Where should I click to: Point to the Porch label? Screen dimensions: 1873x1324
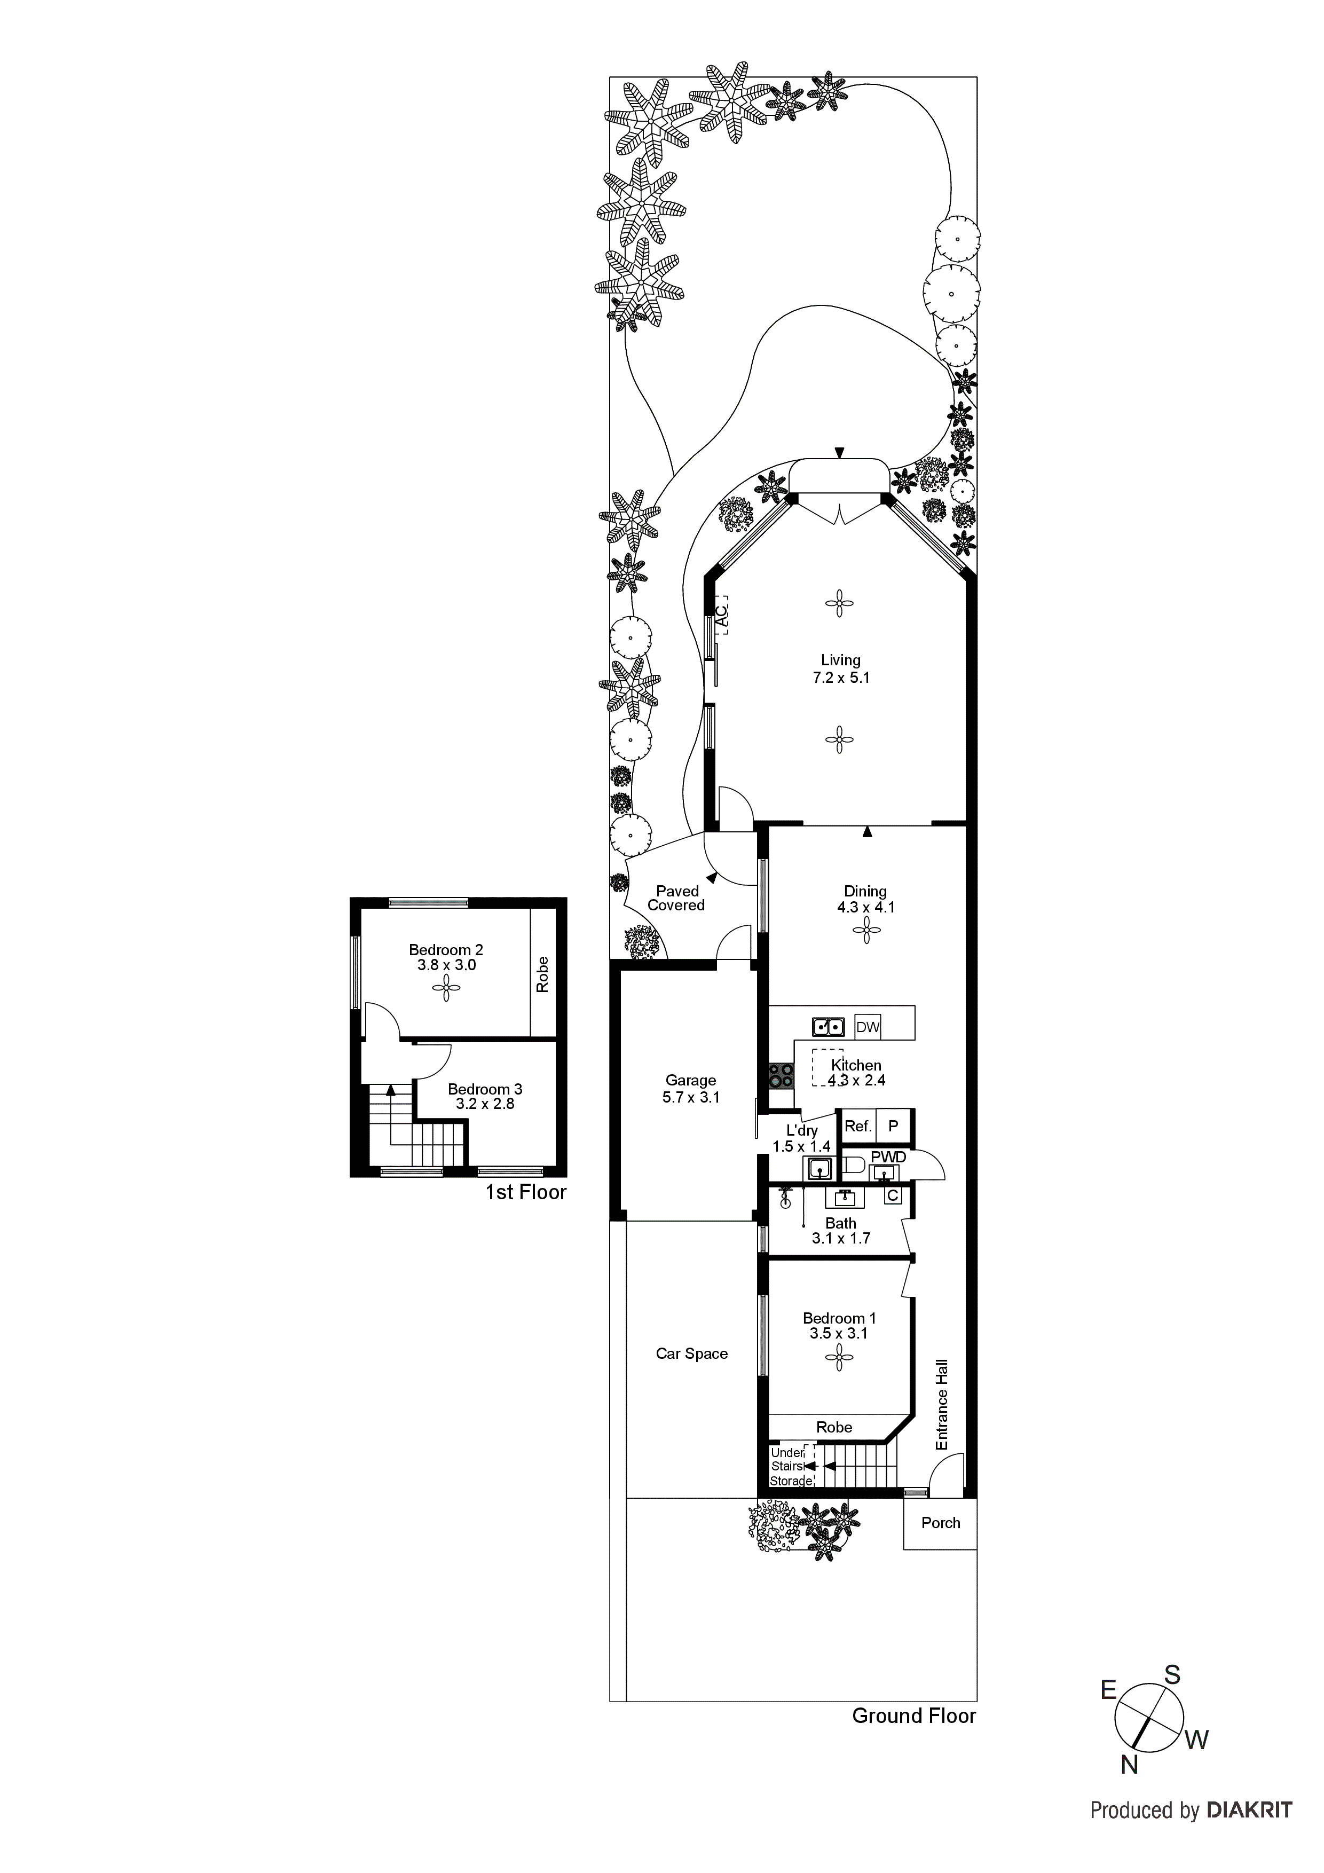[941, 1523]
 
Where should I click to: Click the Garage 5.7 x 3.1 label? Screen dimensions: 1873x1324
[690, 1089]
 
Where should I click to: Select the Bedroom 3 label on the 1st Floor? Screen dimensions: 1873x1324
[485, 1096]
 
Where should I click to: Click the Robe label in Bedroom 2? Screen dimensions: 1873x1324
[542, 974]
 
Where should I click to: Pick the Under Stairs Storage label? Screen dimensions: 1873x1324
[790, 1467]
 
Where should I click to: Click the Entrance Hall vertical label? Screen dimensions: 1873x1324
[942, 1404]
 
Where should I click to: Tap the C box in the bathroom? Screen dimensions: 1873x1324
[893, 1196]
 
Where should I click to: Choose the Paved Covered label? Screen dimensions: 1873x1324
[676, 898]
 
